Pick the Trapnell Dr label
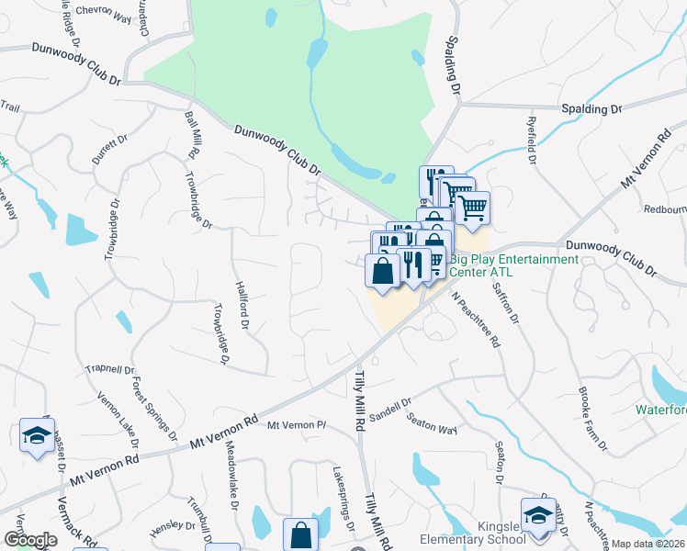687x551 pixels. pos(109,369)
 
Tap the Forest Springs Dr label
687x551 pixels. pos(153,406)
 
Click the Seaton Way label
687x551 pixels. pos(434,429)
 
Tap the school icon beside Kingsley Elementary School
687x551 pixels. pos(538,514)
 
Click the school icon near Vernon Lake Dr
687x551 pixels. pos(37,435)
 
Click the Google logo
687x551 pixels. pos(30,540)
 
